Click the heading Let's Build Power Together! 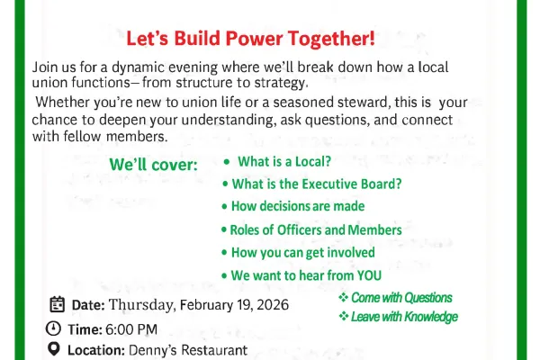pos(250,39)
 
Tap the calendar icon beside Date pos(57,304)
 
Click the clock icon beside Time pos(56,328)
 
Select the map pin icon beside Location pos(56,349)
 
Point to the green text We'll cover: pos(153,166)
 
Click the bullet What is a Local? pos(283,162)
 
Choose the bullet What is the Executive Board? pos(316,184)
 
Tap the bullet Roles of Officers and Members pos(316,229)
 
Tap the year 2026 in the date pos(272,304)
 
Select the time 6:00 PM pos(132,328)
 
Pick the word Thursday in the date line pos(139,304)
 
